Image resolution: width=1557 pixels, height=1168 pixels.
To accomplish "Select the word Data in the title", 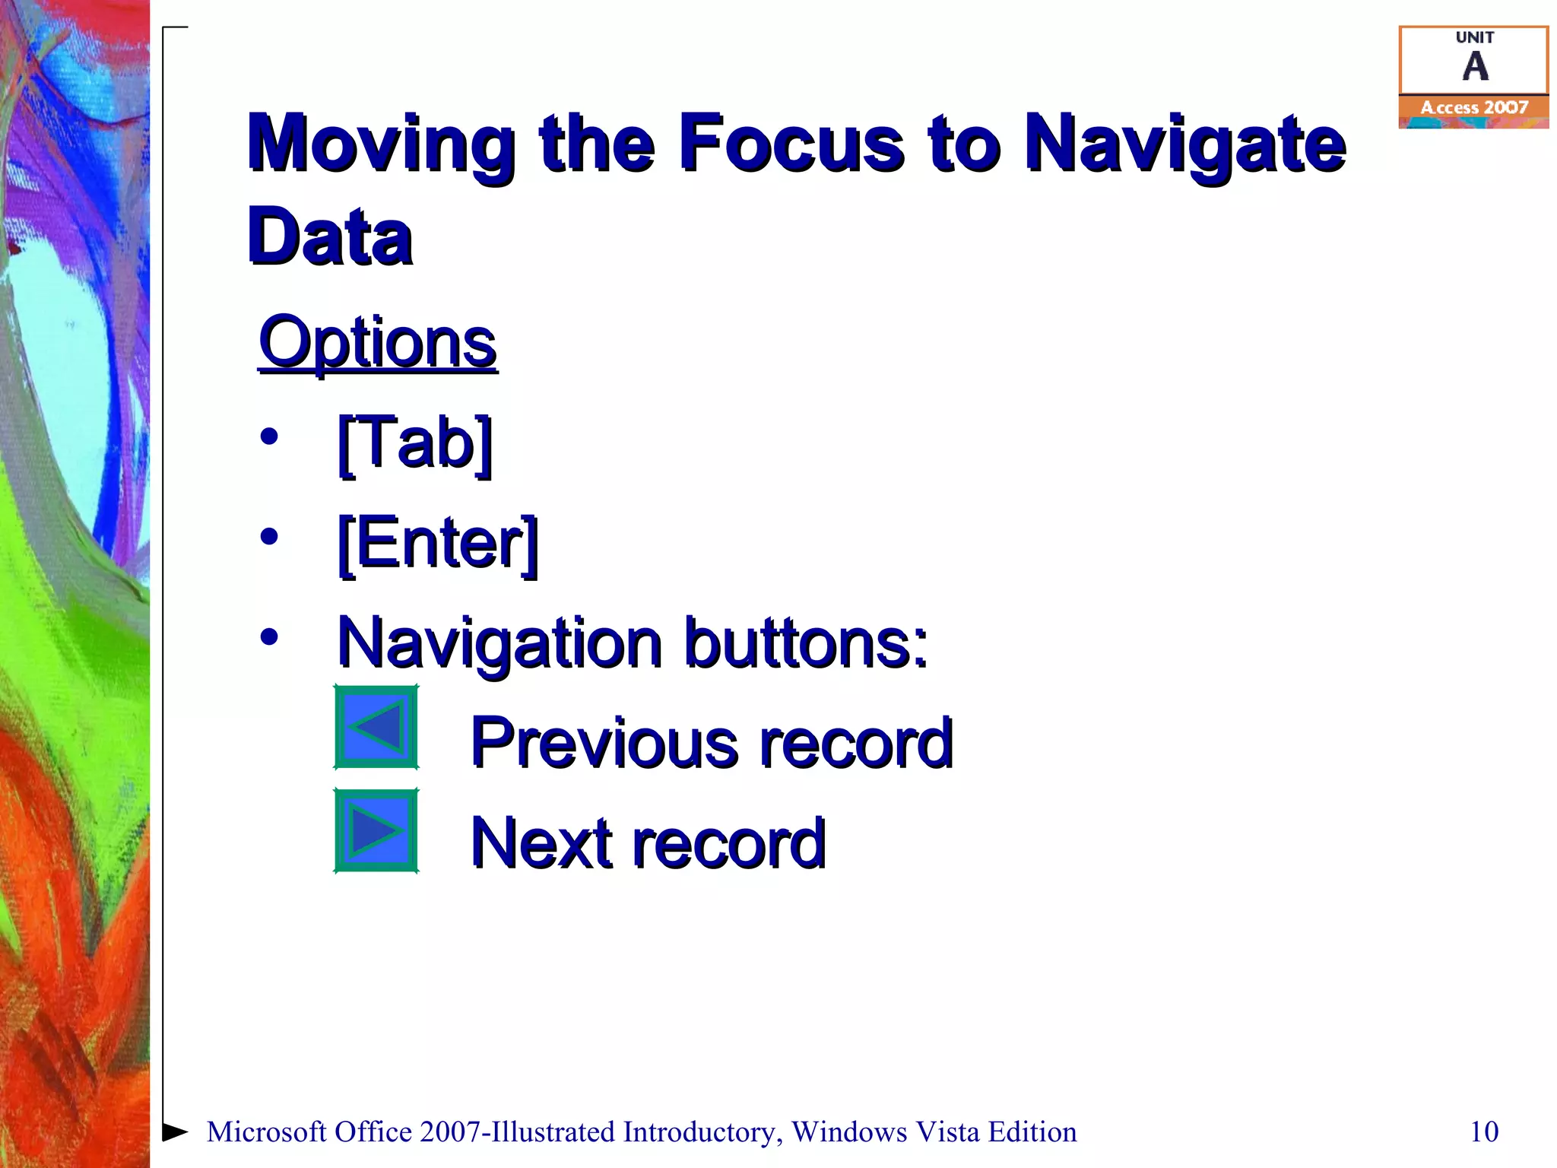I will pos(330,237).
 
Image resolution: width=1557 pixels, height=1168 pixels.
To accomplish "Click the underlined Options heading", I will pos(377,343).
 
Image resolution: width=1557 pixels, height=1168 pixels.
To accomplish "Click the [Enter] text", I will pos(438,544).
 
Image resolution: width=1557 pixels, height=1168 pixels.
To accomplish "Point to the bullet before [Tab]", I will pos(269,437).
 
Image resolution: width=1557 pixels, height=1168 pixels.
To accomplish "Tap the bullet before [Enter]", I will pos(269,538).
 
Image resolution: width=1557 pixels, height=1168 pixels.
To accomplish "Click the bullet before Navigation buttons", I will pos(269,637).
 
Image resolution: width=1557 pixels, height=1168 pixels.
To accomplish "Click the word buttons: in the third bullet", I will pos(806,643).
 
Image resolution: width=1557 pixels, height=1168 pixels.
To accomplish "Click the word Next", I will pos(541,843).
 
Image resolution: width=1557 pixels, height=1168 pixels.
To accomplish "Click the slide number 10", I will pos(1483,1131).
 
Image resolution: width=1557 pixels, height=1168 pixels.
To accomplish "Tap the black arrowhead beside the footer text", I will pos(175,1131).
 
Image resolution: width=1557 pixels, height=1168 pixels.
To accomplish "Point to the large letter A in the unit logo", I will pos(1475,67).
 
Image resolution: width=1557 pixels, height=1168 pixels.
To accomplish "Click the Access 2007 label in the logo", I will pos(1473,108).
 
